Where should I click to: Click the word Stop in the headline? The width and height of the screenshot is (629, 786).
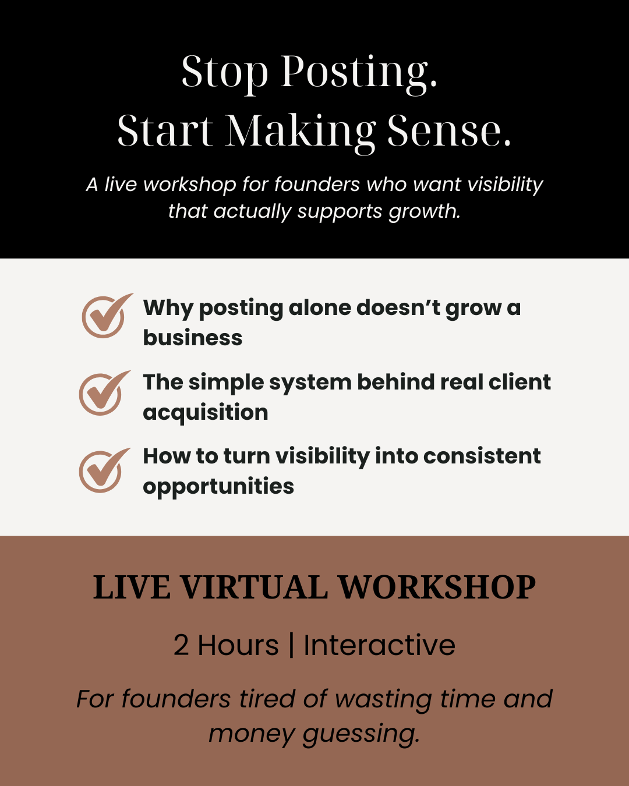tap(225, 72)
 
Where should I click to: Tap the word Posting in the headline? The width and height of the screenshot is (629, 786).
tap(359, 72)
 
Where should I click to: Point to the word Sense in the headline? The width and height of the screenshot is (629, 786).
tap(449, 131)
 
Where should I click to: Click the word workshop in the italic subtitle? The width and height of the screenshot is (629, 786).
tap(190, 184)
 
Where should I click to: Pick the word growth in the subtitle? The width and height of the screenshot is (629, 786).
tap(425, 211)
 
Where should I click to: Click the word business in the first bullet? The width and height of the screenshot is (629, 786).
tap(193, 338)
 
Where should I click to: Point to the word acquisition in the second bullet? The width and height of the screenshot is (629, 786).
tap(206, 413)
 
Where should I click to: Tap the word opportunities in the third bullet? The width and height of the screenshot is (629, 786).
tap(218, 487)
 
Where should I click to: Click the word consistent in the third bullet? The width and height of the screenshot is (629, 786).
tap(482, 456)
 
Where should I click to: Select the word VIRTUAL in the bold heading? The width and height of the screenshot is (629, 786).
tap(254, 587)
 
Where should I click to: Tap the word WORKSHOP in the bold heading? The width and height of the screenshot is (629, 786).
tap(437, 587)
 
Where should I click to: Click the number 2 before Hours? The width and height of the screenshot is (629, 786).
tap(181, 646)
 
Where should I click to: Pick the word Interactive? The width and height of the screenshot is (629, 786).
tap(379, 645)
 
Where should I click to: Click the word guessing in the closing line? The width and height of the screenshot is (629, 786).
tap(361, 734)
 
